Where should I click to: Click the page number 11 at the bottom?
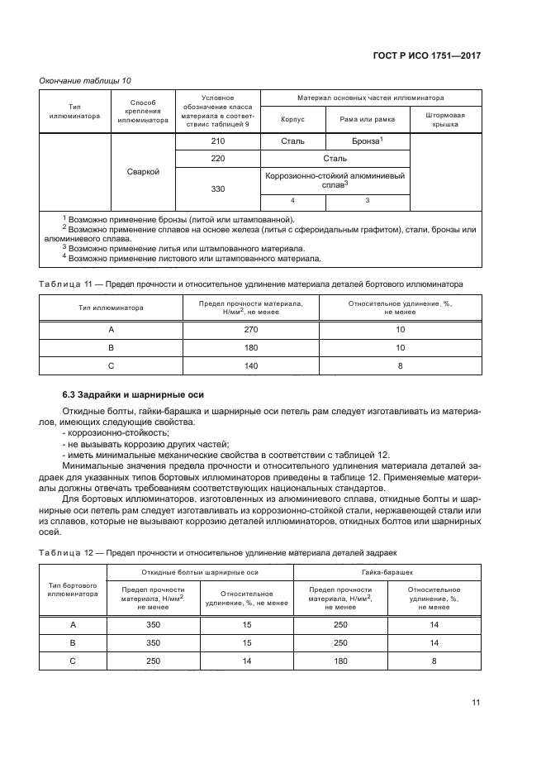[x=476, y=702]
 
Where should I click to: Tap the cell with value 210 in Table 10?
[x=218, y=141]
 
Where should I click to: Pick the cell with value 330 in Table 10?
[x=218, y=189]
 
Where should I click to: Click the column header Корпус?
[x=292, y=119]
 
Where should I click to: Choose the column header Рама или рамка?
[x=367, y=119]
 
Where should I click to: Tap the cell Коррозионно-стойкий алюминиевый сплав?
[x=335, y=180]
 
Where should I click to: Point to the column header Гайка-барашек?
[x=387, y=572]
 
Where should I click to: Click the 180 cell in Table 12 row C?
[x=339, y=661]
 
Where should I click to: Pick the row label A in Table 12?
[x=74, y=625]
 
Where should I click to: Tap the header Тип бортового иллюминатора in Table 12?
[x=74, y=589]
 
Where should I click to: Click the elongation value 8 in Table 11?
[x=400, y=365]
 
